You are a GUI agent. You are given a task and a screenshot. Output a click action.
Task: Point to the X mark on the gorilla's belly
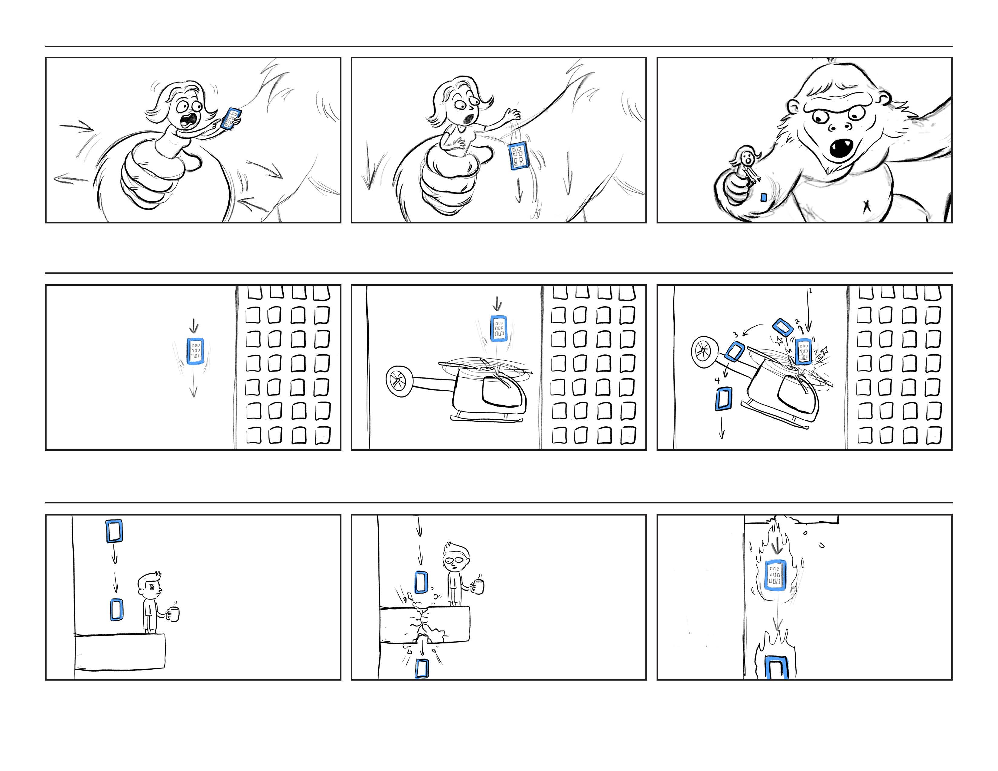tap(866, 207)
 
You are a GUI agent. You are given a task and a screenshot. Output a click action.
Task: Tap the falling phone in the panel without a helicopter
tap(195, 351)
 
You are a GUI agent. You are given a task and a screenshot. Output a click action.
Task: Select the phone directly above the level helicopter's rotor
tap(498, 328)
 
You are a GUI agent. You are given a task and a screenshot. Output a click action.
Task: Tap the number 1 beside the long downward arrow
tap(810, 291)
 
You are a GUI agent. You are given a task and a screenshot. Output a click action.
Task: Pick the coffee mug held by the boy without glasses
tap(173, 614)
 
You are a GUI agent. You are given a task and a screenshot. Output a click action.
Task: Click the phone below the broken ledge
tap(422, 669)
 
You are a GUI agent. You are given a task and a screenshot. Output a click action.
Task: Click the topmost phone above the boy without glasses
tap(114, 531)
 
